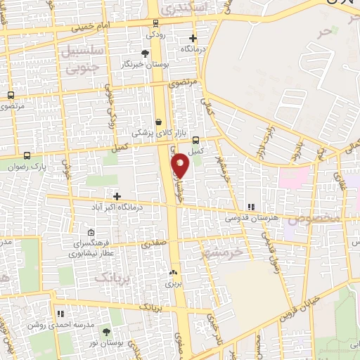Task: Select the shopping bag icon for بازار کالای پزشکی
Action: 158,121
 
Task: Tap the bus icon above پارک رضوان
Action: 27,155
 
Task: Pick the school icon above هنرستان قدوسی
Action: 250,206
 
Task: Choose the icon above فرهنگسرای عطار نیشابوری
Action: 91,233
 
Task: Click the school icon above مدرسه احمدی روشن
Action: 60,313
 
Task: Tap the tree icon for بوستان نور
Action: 105,330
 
